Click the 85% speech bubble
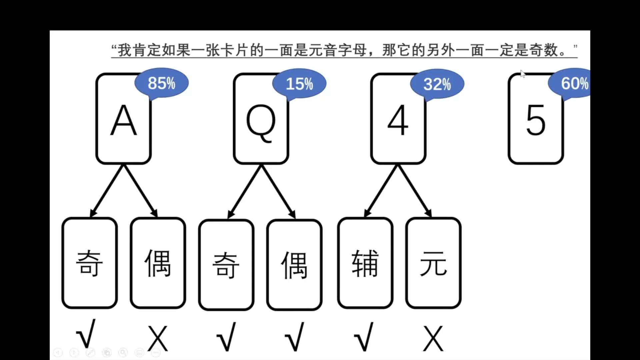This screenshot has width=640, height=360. (x=162, y=83)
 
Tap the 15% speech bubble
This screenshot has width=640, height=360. (x=299, y=84)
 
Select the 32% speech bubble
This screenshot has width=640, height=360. (x=437, y=84)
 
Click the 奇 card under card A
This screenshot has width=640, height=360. (x=89, y=263)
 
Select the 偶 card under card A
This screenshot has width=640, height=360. (x=158, y=263)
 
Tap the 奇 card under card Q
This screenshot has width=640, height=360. (x=226, y=265)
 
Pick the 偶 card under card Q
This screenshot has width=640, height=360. (x=294, y=265)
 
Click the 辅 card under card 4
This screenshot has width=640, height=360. (x=365, y=263)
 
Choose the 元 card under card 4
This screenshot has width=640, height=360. (x=433, y=263)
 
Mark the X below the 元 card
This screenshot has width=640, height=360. (x=433, y=339)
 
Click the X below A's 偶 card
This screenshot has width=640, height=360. (x=158, y=339)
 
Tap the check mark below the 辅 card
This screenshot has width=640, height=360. (x=364, y=337)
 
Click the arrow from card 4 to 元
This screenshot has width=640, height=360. (x=414, y=191)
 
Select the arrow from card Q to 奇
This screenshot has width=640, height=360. (x=245, y=192)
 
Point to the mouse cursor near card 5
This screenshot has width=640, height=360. (x=522, y=74)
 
